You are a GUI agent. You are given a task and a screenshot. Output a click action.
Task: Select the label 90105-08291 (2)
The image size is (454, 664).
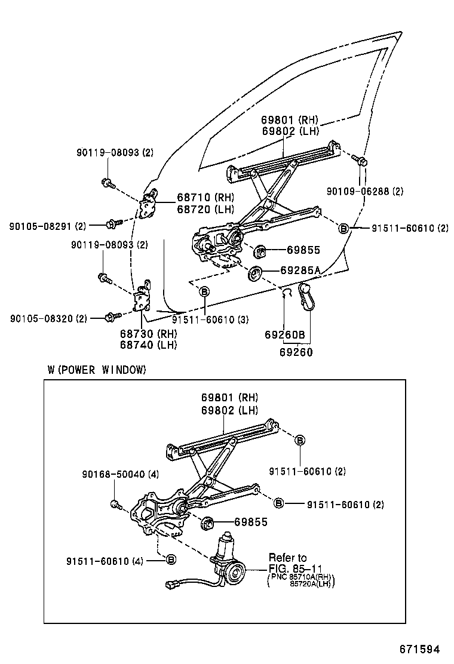tap(48, 226)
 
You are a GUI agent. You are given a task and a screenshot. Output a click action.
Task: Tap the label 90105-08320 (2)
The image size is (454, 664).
tap(48, 319)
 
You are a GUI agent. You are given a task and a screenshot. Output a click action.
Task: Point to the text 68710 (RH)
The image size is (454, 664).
tap(205, 198)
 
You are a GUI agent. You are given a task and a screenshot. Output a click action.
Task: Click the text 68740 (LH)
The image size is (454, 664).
tap(148, 345)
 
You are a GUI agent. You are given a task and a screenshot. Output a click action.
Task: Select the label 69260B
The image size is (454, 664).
tap(285, 336)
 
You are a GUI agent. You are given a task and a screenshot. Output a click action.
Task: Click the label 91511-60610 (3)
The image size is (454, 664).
tap(210, 319)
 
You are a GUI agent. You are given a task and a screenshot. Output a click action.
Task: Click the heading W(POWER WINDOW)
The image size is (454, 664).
tap(97, 370)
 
